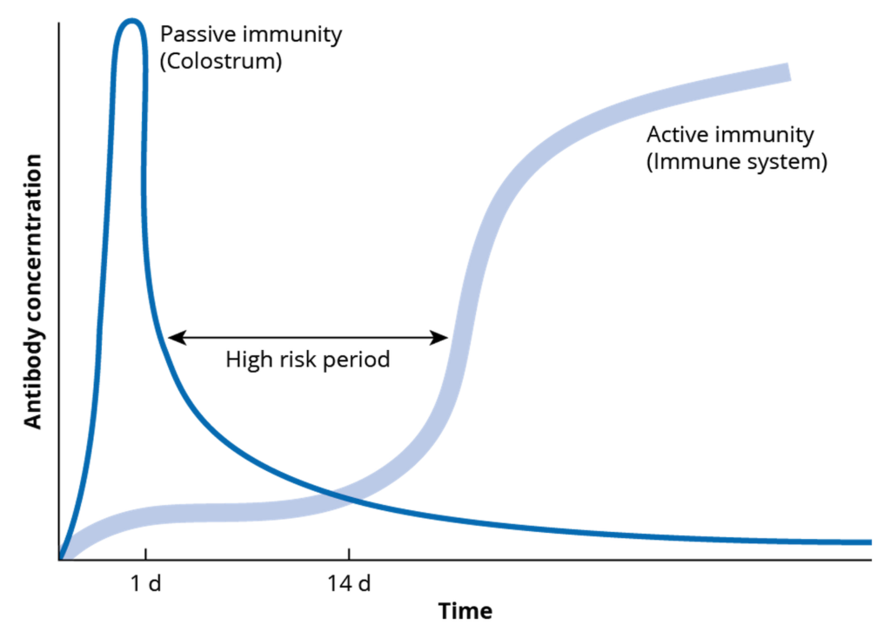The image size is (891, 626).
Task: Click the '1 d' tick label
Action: (x=146, y=583)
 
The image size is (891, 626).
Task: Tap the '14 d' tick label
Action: (x=350, y=583)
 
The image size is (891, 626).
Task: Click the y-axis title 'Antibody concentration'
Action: (x=33, y=292)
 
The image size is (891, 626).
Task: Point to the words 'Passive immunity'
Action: (x=251, y=36)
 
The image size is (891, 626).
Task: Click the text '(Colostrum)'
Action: (x=221, y=63)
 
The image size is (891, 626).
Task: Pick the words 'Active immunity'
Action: (x=731, y=135)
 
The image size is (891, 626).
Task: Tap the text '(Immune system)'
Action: (x=736, y=162)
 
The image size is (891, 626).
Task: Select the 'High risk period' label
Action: (x=308, y=359)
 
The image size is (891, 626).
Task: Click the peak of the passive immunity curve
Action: (x=131, y=22)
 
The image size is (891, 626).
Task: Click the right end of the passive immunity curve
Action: (x=868, y=542)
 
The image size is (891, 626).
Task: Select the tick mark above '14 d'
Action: (x=350, y=554)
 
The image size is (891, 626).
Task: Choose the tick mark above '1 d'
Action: (x=145, y=554)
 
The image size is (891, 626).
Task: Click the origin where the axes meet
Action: (x=59, y=559)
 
